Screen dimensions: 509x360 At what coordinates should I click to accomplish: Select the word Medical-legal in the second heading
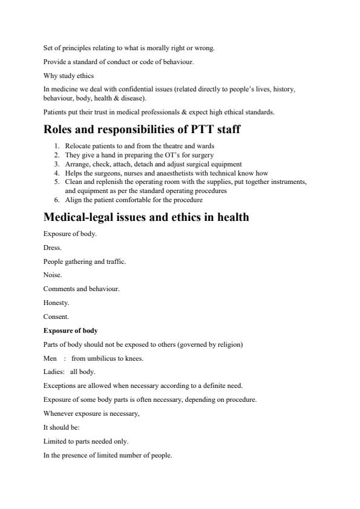[82, 217]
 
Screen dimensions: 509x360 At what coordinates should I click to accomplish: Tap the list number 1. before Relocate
[57, 146]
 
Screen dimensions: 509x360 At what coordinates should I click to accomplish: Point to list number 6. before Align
[57, 200]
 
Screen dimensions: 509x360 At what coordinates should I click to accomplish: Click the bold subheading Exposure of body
[70, 330]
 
